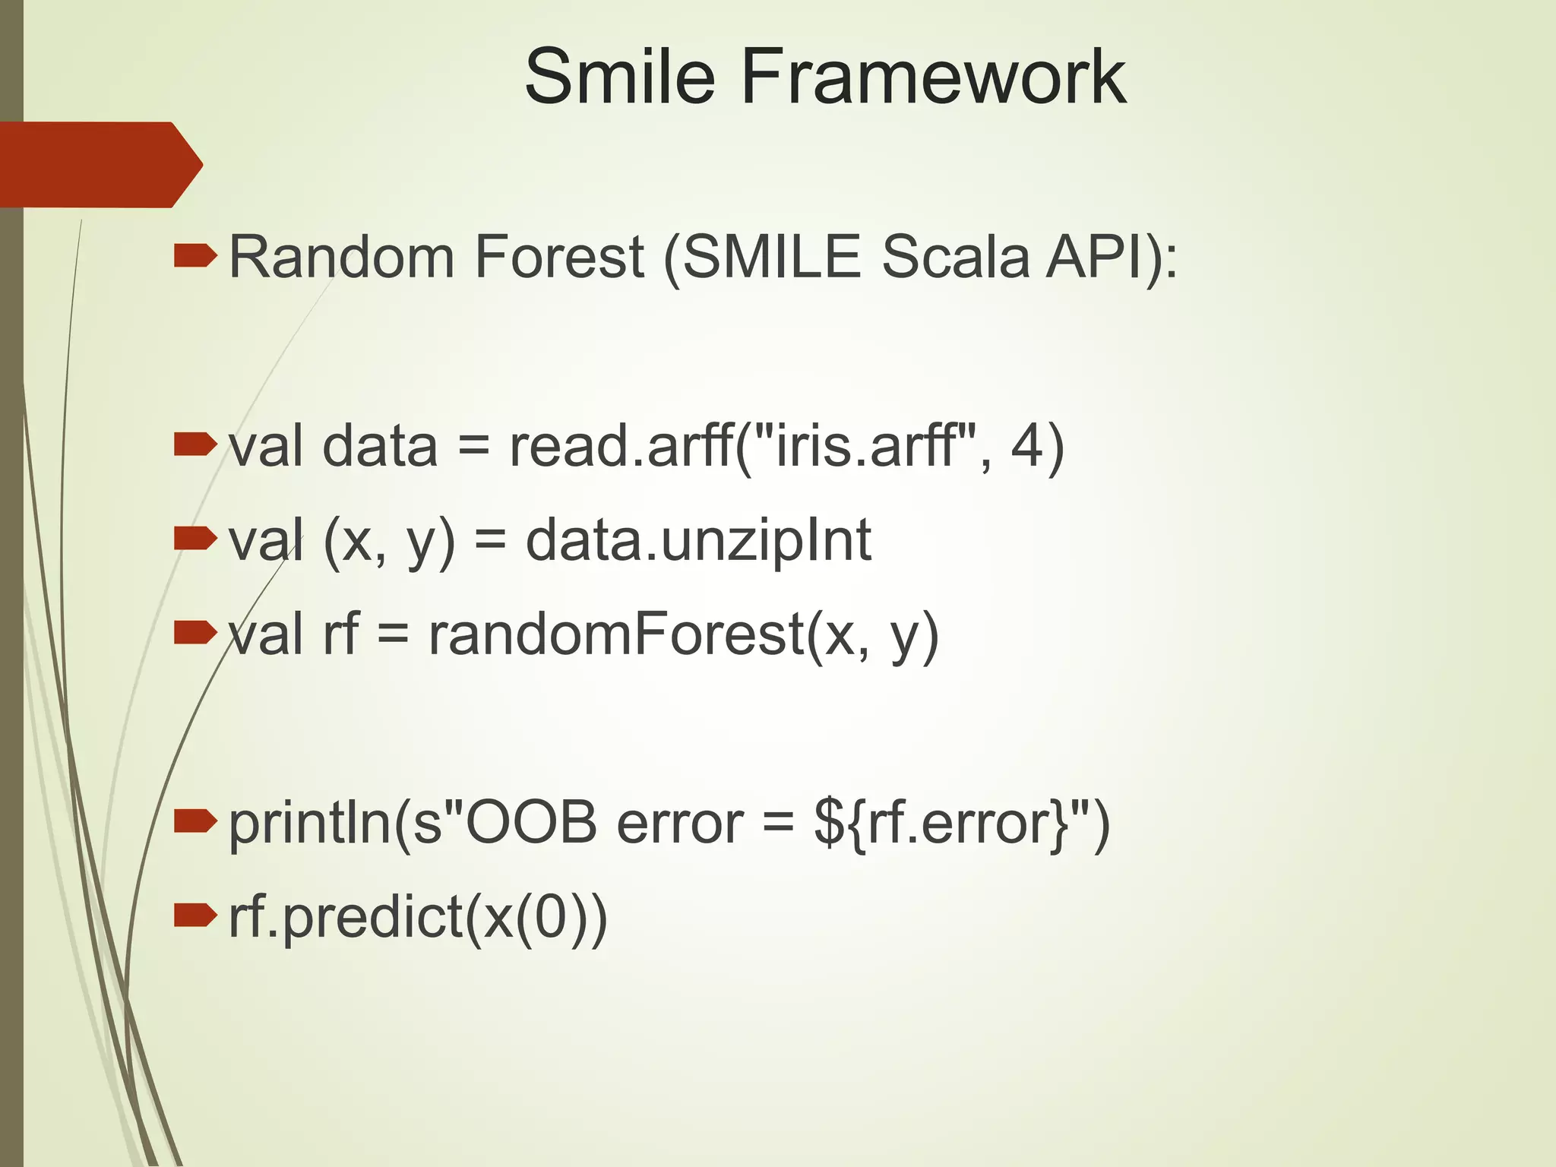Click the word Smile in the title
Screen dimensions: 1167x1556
(619, 76)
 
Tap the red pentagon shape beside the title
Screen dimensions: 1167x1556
(99, 164)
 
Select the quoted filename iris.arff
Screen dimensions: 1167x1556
(863, 446)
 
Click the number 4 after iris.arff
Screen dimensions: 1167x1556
(1026, 446)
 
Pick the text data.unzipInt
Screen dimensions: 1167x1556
(697, 541)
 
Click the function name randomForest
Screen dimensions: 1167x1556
(616, 634)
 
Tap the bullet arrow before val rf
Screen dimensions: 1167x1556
(194, 633)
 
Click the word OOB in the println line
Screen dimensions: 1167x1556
(531, 823)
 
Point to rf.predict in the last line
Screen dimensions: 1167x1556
(346, 919)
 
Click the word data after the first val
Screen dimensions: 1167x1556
(380, 446)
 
